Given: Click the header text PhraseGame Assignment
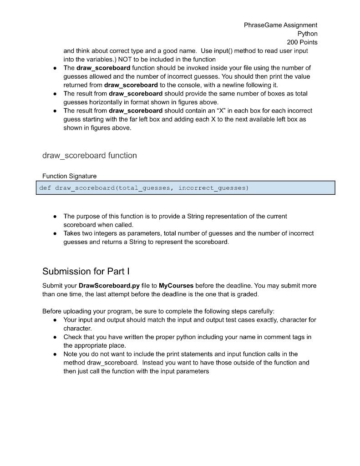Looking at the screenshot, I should coord(280,25).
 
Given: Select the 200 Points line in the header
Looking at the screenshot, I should coord(302,42).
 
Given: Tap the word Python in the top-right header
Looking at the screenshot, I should coord(307,34).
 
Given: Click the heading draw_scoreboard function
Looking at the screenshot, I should coord(89,156).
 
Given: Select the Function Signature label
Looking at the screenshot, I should coord(69,176).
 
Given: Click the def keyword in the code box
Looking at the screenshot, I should coord(45,188).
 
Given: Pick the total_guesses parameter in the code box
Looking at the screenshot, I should coord(143,188).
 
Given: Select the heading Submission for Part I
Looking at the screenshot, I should coord(86,272).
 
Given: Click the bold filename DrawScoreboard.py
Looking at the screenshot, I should coord(109,286).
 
